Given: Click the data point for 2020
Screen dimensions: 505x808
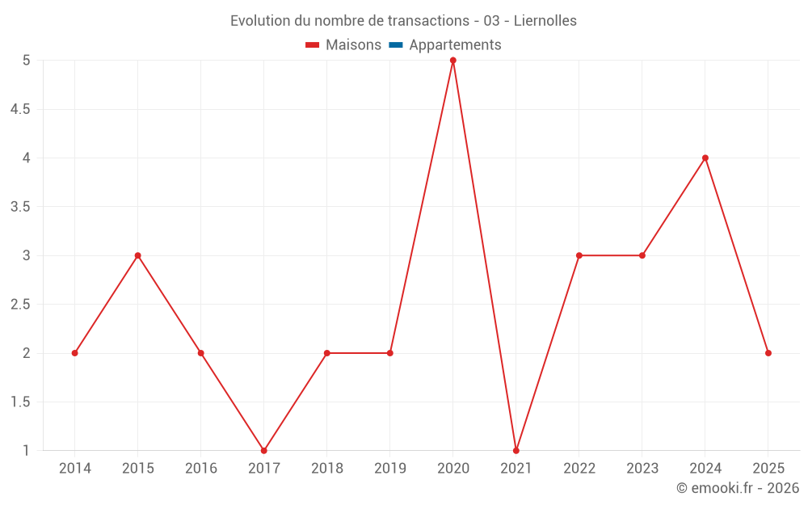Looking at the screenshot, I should point(453,61).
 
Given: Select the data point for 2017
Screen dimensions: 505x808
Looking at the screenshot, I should point(264,450).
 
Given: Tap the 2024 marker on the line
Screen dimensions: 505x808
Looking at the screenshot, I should point(705,158).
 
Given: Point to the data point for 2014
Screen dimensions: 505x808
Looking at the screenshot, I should point(75,353).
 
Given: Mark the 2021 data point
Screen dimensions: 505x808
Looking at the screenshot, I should point(516,450).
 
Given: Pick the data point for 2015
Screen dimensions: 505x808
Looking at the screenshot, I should point(138,255).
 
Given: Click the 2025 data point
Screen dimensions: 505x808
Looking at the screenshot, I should point(768,353).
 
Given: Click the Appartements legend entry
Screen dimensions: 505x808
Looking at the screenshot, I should point(455,45).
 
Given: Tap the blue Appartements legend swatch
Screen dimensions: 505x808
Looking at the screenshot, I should point(396,45).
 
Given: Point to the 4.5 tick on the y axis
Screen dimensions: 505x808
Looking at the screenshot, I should point(20,109).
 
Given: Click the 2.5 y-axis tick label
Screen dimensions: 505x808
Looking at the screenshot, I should point(20,305).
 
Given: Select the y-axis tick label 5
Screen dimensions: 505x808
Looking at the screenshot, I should point(27,61).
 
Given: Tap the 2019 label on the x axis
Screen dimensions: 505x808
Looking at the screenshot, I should point(390,469).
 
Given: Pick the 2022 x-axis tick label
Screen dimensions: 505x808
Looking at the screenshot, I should point(579,469).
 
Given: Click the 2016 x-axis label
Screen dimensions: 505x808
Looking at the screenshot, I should point(201,469).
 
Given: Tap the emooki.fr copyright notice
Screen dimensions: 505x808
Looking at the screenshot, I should point(738,488).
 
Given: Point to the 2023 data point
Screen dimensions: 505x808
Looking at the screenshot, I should point(642,255).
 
